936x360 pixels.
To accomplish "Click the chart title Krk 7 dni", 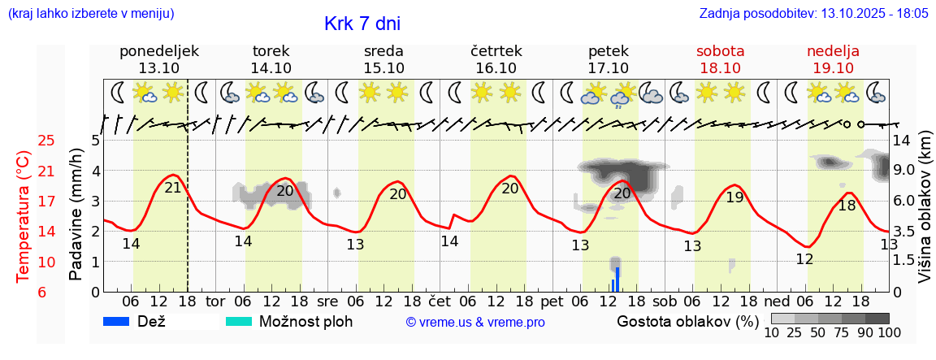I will pos(362,24).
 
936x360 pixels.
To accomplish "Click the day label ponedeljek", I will pos(158,51).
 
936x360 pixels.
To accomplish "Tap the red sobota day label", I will pos(720,51).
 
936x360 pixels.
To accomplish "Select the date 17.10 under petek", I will pos(608,68).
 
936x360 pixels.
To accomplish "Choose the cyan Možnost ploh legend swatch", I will pos(238,321).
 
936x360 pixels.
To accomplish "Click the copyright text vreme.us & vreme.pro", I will pos(475,322).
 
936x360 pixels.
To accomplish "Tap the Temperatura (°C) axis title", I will pos(24,217).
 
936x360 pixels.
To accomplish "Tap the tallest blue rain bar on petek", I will pos(617,279).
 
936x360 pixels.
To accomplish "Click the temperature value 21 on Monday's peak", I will pos(173,188).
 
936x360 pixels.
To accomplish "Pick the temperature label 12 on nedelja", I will pos(804,259).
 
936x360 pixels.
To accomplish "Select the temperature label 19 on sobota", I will pos(734,197).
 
